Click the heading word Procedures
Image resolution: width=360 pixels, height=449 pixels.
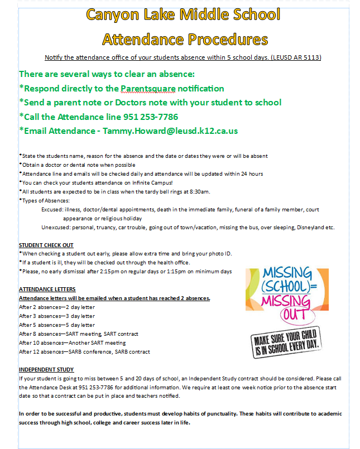coord(223,39)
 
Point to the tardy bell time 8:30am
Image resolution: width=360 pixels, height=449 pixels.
coord(199,191)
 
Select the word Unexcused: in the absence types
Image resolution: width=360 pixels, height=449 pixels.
coord(56,227)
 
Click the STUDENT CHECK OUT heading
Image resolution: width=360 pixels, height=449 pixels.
coord(46,245)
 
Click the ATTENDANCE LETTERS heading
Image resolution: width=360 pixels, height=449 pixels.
coord(47,289)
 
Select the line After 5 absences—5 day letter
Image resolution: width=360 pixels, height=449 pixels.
coord(57,325)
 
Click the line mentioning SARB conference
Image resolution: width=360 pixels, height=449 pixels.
coord(84,351)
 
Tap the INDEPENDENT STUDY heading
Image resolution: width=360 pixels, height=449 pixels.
coord(46,369)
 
